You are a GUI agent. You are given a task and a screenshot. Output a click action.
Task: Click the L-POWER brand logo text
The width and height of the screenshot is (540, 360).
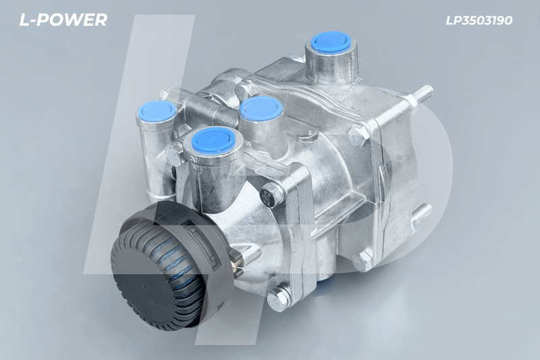coord(63,20)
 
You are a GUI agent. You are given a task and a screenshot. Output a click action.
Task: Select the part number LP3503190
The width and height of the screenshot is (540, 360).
coord(479,20)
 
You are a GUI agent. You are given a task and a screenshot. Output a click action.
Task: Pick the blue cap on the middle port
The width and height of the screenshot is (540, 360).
coord(261,107)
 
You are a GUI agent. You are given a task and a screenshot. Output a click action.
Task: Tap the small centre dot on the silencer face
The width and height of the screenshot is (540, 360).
coord(144,286)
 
